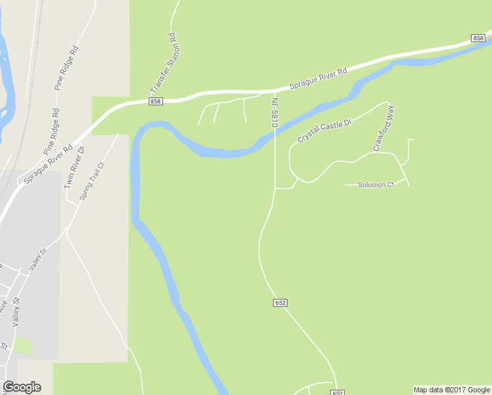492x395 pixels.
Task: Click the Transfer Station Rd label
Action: (x=164, y=63)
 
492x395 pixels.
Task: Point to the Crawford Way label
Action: (x=383, y=128)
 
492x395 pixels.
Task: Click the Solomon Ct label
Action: (x=376, y=184)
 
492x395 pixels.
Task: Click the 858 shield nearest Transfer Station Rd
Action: (x=155, y=101)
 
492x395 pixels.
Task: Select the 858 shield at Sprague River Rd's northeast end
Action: (x=478, y=39)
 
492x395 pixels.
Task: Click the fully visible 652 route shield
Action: (x=280, y=302)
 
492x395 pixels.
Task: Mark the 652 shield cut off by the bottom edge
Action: (x=337, y=392)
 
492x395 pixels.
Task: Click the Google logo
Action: (x=22, y=387)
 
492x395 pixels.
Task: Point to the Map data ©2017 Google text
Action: (x=452, y=390)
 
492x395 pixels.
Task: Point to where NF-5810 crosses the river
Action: (x=274, y=134)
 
